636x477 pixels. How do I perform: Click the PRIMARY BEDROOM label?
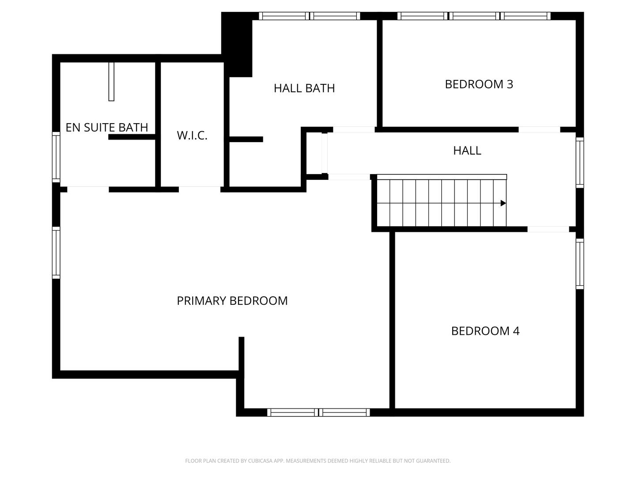(232, 301)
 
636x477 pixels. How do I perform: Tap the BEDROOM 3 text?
(479, 84)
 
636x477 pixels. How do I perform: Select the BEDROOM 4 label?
(485, 331)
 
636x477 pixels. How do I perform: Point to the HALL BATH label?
(304, 88)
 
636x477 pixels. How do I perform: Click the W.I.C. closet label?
(192, 136)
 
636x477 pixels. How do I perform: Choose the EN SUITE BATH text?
(106, 128)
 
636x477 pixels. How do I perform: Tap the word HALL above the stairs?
(467, 151)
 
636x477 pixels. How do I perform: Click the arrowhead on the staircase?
(503, 203)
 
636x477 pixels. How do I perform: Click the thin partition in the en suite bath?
(111, 82)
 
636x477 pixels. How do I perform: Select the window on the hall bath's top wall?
(309, 16)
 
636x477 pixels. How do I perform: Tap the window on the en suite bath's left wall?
(56, 157)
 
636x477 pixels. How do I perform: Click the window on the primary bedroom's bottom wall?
(318, 413)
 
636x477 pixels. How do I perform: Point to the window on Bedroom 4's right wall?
(580, 264)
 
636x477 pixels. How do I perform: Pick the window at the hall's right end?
(580, 162)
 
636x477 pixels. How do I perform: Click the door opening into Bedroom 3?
(539, 129)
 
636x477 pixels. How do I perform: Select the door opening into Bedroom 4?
(548, 229)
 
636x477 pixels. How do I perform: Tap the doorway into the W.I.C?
(200, 189)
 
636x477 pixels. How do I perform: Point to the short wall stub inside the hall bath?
(246, 139)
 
